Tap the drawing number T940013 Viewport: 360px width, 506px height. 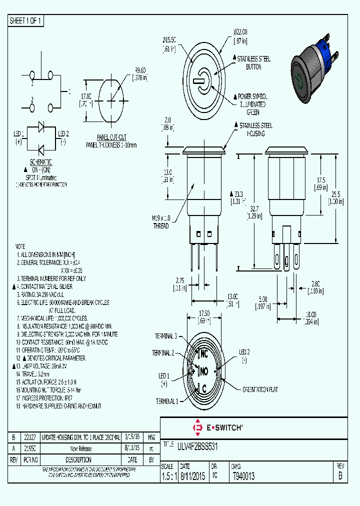[x=243, y=476]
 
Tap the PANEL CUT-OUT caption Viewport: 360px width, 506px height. [x=111, y=137]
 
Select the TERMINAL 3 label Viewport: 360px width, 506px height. [x=165, y=336]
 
